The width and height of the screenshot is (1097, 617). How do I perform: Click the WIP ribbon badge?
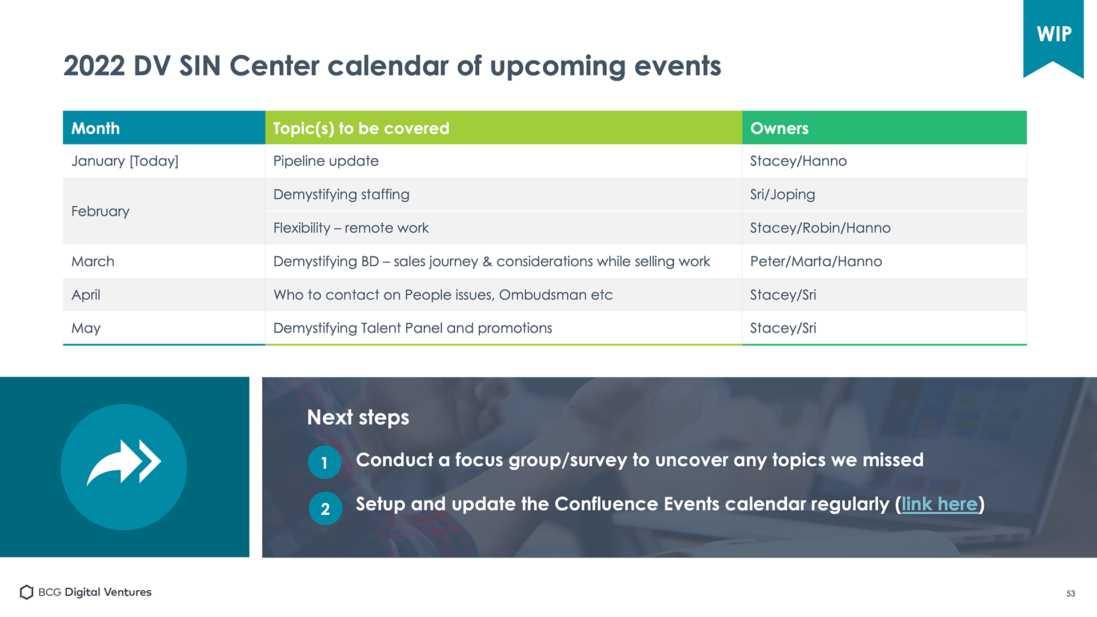point(1053,37)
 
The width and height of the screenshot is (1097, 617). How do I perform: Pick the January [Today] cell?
point(164,161)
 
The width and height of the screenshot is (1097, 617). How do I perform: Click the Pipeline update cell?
point(503,161)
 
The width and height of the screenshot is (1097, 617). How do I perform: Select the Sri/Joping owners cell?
point(884,194)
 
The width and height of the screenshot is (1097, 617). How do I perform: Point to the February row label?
point(101,211)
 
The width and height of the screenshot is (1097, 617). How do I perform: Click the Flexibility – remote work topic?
point(351,228)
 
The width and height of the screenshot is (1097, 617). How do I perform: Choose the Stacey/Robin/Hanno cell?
point(884,228)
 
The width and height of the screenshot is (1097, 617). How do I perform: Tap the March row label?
point(93,261)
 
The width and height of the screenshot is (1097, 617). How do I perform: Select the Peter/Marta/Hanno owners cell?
point(884,261)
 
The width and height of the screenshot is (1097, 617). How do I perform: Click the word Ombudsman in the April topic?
point(543,295)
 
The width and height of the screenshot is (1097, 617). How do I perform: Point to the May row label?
point(86,328)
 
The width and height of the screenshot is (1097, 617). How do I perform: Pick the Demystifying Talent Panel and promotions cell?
point(503,328)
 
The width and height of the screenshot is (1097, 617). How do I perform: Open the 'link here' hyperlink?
point(940,504)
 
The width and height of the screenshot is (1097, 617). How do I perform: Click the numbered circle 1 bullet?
point(325,462)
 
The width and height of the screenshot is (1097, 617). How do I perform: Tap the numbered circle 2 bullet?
point(325,508)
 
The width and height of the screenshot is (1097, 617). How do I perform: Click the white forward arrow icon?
point(124,462)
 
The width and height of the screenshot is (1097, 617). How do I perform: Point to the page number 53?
point(1071,594)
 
